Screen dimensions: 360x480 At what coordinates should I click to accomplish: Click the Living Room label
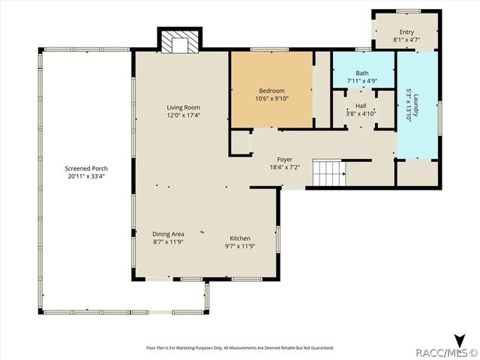(x=183, y=107)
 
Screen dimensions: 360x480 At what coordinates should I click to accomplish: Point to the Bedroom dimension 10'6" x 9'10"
(x=271, y=97)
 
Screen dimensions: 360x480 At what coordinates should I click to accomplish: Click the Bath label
(x=361, y=73)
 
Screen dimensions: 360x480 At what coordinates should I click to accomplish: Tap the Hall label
(x=361, y=106)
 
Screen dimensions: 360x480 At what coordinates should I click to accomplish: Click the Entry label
(x=406, y=31)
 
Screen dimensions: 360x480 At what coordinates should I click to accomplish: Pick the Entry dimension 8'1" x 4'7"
(x=406, y=40)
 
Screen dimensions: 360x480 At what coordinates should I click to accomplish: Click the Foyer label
(x=284, y=159)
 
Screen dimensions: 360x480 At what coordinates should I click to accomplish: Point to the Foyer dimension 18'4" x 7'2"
(x=284, y=167)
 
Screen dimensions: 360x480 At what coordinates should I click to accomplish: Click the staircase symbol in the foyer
(x=327, y=174)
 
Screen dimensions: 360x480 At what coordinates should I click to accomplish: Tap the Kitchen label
(x=240, y=238)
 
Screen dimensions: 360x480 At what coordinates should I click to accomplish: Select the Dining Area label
(x=168, y=233)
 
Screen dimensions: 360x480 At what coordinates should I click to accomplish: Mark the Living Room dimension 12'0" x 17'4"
(x=183, y=115)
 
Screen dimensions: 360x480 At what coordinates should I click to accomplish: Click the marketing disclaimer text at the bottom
(x=239, y=347)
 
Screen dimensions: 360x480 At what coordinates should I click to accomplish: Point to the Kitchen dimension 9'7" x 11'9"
(x=240, y=247)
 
